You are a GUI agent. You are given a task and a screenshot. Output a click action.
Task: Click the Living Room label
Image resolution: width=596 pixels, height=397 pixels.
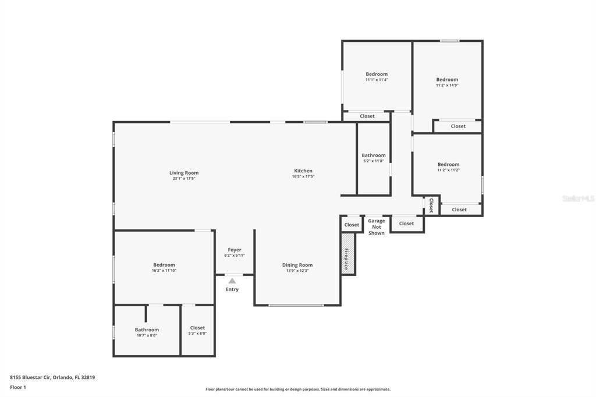184,173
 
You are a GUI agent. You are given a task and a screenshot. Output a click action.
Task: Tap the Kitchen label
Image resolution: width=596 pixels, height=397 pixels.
303,171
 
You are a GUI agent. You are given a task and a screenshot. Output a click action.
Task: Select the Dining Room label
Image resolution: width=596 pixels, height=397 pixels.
297,265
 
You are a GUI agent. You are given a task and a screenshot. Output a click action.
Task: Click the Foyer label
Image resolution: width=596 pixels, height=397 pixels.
235,250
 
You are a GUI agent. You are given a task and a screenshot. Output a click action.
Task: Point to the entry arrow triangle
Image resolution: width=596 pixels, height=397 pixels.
232,281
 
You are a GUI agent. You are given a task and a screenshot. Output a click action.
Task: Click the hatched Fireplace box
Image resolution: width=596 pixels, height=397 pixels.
348,254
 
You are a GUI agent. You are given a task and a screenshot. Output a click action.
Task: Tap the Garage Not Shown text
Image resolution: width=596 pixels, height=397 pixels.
377,226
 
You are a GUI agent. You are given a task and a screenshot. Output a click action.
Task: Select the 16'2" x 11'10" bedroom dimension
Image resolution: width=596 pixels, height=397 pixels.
164,270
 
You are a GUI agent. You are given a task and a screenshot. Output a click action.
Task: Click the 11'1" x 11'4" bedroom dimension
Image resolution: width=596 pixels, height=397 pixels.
377,80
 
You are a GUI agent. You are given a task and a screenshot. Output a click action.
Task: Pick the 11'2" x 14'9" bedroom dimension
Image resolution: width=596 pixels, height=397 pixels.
447,85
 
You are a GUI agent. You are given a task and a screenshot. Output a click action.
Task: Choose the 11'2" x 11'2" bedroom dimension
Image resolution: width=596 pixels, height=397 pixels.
449,170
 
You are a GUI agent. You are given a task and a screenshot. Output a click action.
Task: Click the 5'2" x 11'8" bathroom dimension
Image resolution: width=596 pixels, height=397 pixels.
374,161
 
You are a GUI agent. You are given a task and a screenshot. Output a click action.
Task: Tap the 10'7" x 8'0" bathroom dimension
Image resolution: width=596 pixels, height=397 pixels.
147,335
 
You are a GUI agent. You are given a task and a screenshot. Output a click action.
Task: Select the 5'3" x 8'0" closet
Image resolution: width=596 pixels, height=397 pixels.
198,331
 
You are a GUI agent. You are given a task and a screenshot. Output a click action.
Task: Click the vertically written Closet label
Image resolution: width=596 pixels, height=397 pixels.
431,205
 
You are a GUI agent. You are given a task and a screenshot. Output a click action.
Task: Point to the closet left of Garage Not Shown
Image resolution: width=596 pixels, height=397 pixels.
352,224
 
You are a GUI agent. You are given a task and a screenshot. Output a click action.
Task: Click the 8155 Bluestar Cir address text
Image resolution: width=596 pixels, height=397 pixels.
52,377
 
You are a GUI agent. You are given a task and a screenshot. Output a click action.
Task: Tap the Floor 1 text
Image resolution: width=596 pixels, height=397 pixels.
18,387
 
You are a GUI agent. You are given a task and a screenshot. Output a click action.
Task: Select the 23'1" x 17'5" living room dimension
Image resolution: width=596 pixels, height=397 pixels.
184,178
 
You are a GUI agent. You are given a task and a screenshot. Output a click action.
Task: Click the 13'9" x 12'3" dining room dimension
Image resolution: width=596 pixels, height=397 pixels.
297,271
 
